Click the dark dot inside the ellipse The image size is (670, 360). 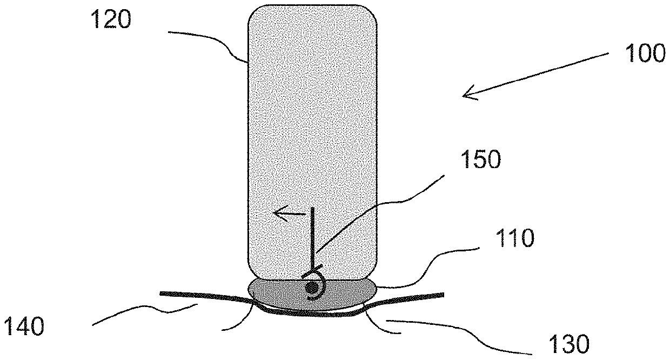click(x=311, y=288)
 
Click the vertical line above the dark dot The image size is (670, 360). click(x=312, y=238)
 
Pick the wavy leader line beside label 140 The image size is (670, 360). click(x=146, y=314)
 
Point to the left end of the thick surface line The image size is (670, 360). click(x=162, y=294)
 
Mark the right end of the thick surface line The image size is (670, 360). click(x=442, y=295)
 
